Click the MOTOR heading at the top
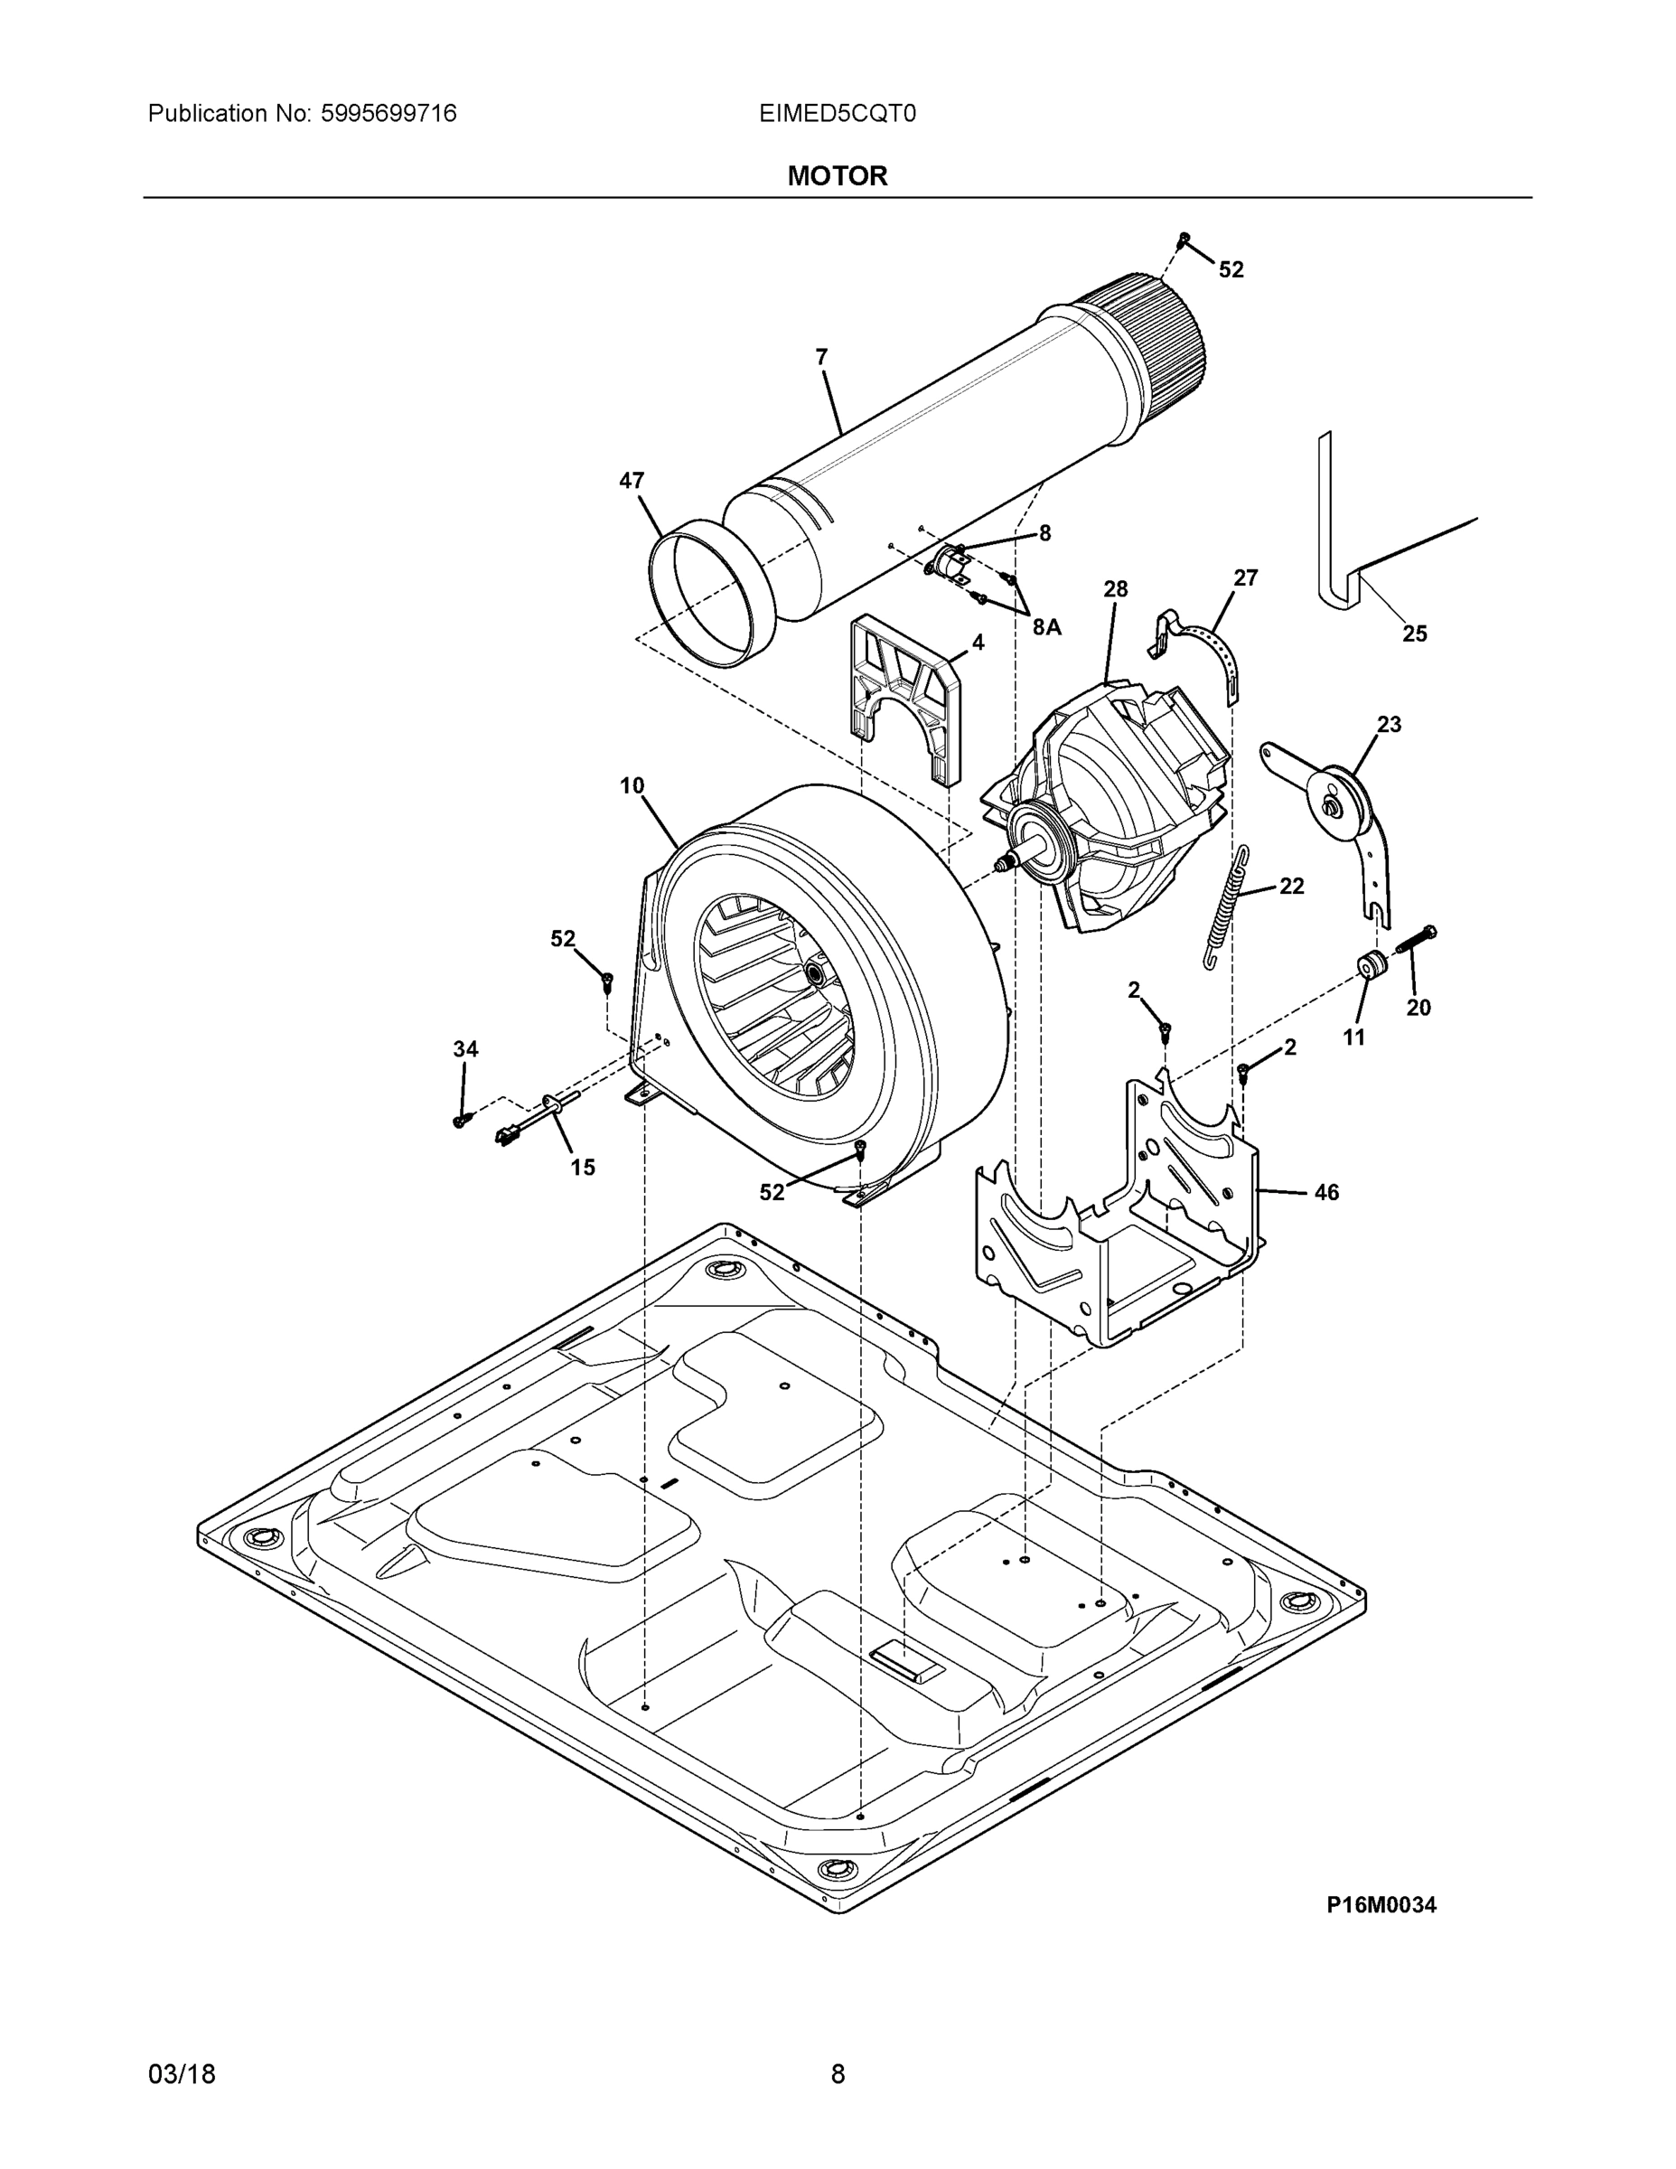(837, 176)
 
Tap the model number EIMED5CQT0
(837, 113)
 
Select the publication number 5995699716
(389, 113)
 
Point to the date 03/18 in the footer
(182, 2074)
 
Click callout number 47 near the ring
(632, 481)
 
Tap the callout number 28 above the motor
(1115, 589)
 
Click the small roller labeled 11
(1372, 964)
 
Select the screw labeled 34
(461, 1119)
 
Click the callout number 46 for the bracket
(1326, 1192)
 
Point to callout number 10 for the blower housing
(632, 785)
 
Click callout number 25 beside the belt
(1414, 634)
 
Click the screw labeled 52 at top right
(1184, 239)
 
